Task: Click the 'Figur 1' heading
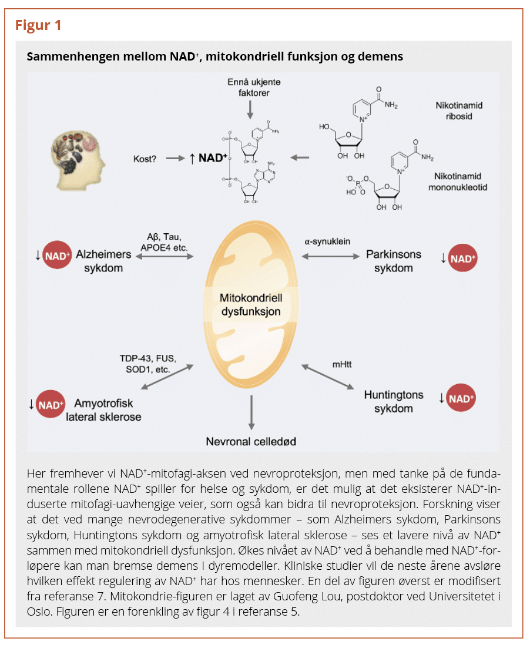(38, 25)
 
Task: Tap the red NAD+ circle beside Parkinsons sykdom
(463, 258)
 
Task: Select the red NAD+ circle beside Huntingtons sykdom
(461, 399)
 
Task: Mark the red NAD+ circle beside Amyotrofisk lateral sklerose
(51, 405)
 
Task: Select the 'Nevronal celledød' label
(250, 441)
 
